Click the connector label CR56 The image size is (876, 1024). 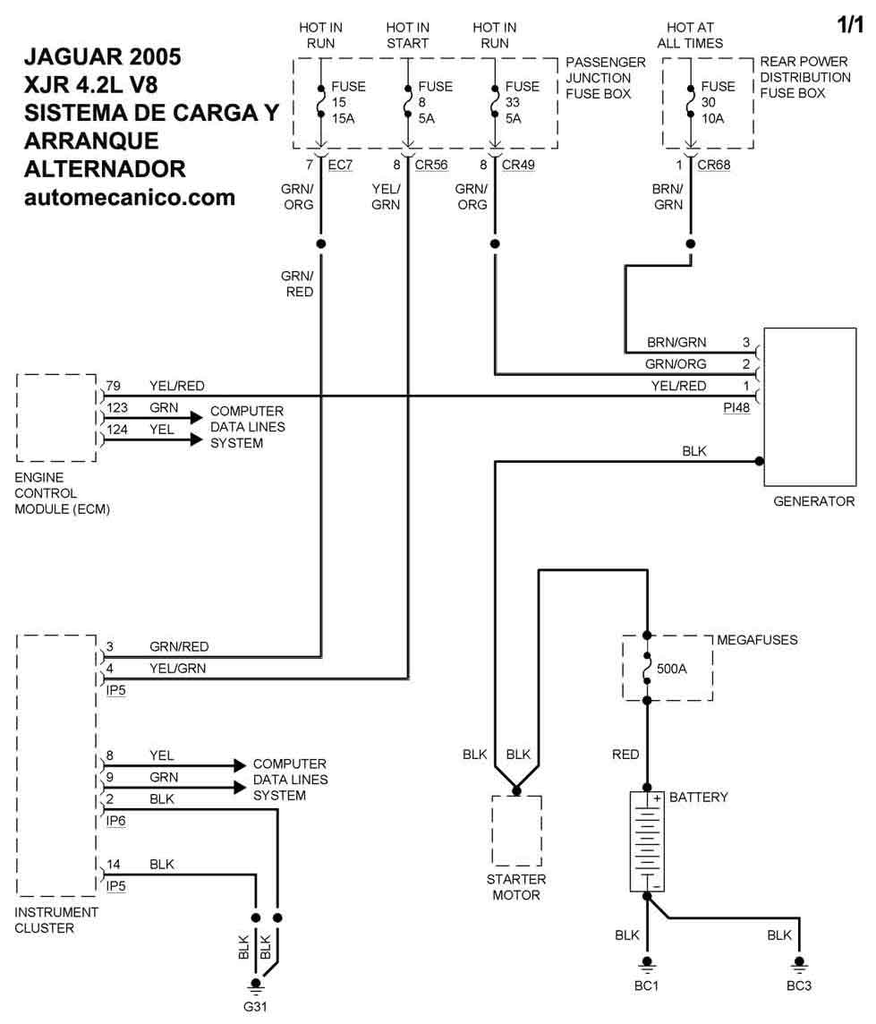431,165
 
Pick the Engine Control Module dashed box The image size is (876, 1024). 56,417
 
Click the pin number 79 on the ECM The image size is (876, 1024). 113,386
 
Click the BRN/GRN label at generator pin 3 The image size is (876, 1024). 676,342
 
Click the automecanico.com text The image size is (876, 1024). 130,197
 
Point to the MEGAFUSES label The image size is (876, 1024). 757,640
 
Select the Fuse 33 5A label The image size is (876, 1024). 523,102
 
